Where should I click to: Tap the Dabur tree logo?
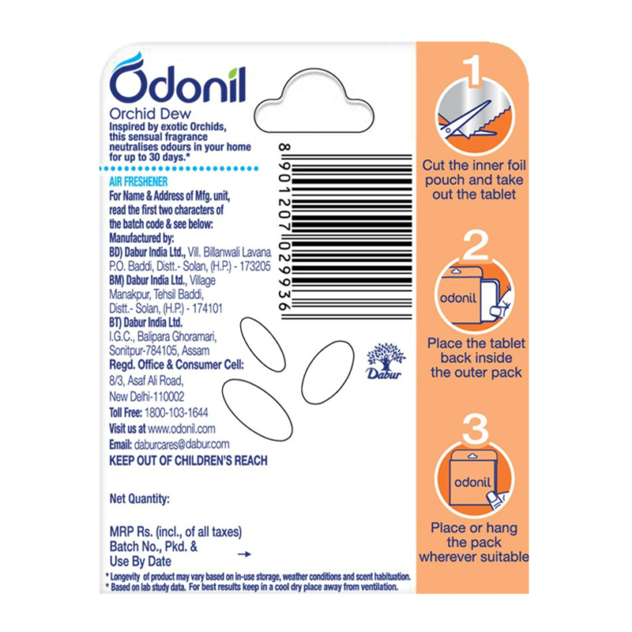pyautogui.click(x=385, y=361)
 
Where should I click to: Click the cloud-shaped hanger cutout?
pyautogui.click(x=314, y=101)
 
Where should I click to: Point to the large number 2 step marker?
pyautogui.click(x=476, y=246)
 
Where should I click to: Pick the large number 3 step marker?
pyautogui.click(x=476, y=429)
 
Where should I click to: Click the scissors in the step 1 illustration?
pyautogui.click(x=468, y=121)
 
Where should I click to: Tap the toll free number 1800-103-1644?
pyautogui.click(x=176, y=412)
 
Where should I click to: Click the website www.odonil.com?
pyautogui.click(x=182, y=428)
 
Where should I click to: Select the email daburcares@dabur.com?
pyautogui.click(x=182, y=444)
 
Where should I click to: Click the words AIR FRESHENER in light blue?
pyautogui.click(x=138, y=182)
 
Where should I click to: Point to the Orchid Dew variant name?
pyautogui.click(x=150, y=114)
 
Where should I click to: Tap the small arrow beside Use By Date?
pyautogui.click(x=244, y=555)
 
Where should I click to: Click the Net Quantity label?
pyautogui.click(x=140, y=499)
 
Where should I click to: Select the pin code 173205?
pyautogui.click(x=255, y=266)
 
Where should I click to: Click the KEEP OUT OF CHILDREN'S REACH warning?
pyautogui.click(x=188, y=461)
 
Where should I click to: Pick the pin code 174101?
pyautogui.click(x=207, y=309)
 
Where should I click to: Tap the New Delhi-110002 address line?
pyautogui.click(x=147, y=397)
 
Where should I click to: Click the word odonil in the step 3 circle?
pyautogui.click(x=472, y=483)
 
